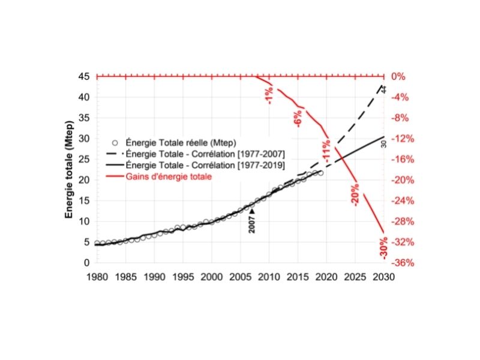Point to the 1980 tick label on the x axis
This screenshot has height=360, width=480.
coord(97,277)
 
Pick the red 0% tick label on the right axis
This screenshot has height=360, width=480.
coord(398,77)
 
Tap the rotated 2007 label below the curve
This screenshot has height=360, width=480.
coord(252,224)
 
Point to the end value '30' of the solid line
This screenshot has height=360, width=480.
coord(383,144)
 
